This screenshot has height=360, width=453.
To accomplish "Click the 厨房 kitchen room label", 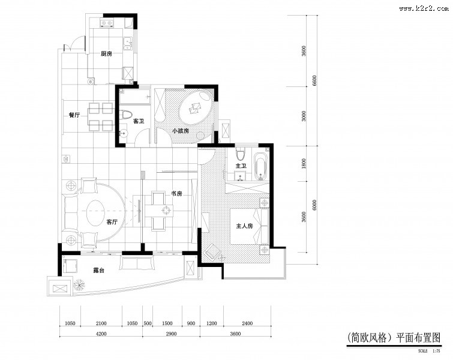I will click(107, 54).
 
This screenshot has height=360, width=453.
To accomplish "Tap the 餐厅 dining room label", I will click(74, 115).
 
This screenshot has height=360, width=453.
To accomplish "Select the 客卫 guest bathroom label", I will click(139, 121).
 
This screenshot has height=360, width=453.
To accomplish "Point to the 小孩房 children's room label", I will click(181, 130).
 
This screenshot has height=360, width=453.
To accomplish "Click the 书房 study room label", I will click(176, 193).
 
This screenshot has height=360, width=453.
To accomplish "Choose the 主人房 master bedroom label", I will click(245, 226).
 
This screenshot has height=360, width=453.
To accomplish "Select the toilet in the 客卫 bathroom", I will click(126, 115).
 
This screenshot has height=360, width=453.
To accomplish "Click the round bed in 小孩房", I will click(196, 108).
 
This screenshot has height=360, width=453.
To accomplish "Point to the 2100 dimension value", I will click(101, 323).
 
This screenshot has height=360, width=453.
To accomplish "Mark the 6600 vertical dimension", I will click(314, 80).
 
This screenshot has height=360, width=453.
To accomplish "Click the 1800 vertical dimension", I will click(304, 163).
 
